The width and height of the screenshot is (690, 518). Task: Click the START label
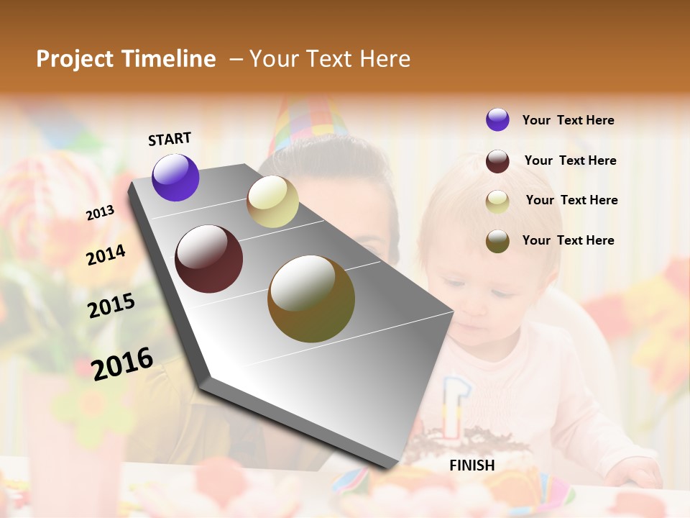click(170, 139)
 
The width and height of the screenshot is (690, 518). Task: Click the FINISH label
click(472, 465)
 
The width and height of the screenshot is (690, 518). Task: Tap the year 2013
click(100, 213)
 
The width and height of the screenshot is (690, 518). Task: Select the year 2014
click(106, 255)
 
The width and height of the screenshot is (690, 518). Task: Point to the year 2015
click(111, 306)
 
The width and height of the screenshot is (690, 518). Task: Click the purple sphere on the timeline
click(175, 178)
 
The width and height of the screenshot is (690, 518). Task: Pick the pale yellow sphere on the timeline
click(272, 201)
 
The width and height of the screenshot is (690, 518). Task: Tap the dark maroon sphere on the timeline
click(209, 259)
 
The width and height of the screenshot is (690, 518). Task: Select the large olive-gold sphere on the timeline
click(311, 299)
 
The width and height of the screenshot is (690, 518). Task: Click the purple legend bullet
click(497, 119)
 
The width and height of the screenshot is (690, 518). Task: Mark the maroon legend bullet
click(497, 161)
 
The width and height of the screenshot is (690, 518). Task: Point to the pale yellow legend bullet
click(497, 201)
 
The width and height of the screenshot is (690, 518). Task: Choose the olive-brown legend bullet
click(497, 241)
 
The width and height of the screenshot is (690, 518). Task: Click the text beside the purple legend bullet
click(568, 120)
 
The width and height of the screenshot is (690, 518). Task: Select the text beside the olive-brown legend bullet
click(568, 240)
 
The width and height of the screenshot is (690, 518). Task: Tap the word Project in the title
click(75, 59)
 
